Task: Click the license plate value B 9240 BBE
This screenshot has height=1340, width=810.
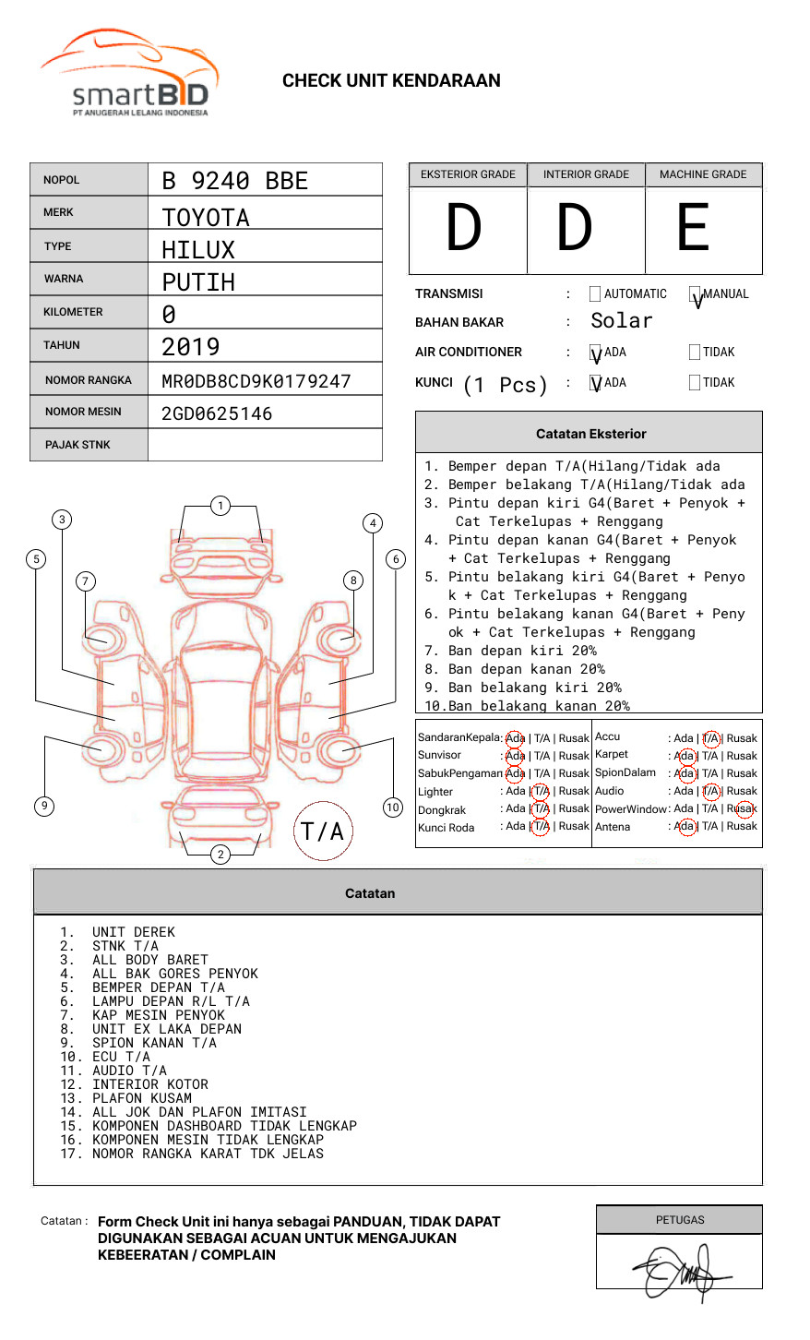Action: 234,181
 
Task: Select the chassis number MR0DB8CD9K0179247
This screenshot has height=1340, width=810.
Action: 256,381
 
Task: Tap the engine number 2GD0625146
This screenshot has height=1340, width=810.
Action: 217,413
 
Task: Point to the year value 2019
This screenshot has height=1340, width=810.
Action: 190,347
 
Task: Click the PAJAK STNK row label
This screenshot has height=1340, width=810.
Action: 77,445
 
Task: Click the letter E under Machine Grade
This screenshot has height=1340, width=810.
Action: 693,228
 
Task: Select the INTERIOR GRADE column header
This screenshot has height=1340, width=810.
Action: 586,174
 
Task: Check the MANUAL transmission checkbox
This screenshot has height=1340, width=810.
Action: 695,294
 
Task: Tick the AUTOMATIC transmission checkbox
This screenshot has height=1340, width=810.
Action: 595,294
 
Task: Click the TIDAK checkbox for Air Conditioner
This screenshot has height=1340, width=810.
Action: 695,353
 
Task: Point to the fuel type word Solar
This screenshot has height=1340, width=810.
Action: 621,321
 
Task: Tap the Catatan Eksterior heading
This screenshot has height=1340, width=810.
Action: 590,434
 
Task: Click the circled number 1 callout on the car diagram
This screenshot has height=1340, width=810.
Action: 220,505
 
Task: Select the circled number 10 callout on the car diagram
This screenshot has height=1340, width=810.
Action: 393,808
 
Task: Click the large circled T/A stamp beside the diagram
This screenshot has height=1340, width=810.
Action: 323,832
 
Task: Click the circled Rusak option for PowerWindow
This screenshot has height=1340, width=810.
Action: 744,809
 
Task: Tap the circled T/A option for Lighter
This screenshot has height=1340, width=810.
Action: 541,791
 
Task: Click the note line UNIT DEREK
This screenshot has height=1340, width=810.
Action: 133,932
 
